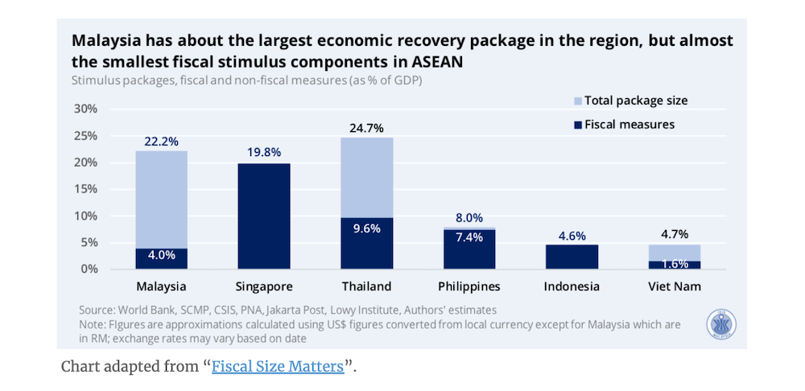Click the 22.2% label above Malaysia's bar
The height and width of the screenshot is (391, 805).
point(161,141)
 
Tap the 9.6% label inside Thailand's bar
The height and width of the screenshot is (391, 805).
point(366,228)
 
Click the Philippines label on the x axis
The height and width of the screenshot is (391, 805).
point(469,286)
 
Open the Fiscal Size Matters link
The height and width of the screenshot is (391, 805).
point(277,367)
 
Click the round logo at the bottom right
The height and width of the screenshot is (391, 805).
point(722,325)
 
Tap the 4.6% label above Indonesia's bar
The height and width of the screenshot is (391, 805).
point(571,235)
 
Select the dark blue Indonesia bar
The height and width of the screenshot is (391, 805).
point(571,257)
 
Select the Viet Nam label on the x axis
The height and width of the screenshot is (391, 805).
point(674,286)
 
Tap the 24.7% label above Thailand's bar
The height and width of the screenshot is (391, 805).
point(366,128)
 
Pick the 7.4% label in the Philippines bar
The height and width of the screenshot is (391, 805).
point(469,237)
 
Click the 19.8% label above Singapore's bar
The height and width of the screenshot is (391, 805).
point(264,153)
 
